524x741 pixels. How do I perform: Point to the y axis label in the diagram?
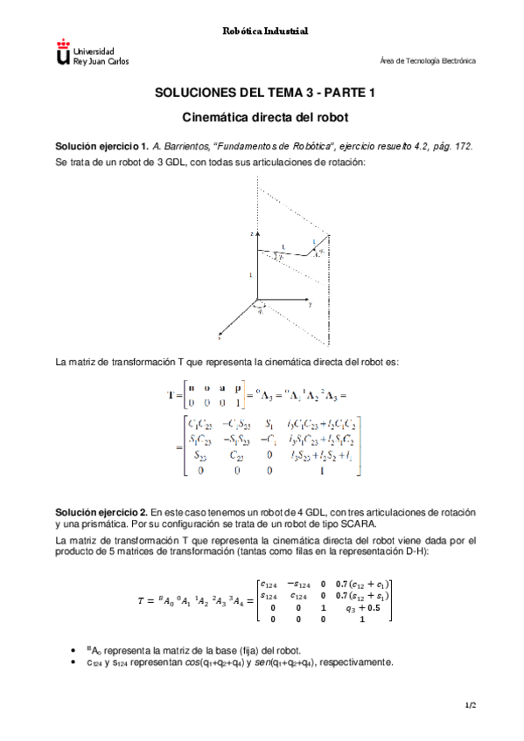[310, 306]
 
